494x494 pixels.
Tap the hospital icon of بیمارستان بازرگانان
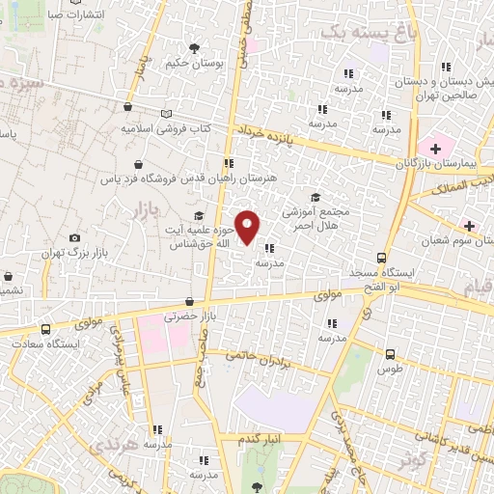coord(436,148)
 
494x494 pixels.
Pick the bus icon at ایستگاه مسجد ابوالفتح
coord(383,258)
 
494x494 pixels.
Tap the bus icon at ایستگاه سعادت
coord(45,328)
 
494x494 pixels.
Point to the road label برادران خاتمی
coord(263,356)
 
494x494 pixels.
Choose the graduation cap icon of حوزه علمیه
coord(199,215)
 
